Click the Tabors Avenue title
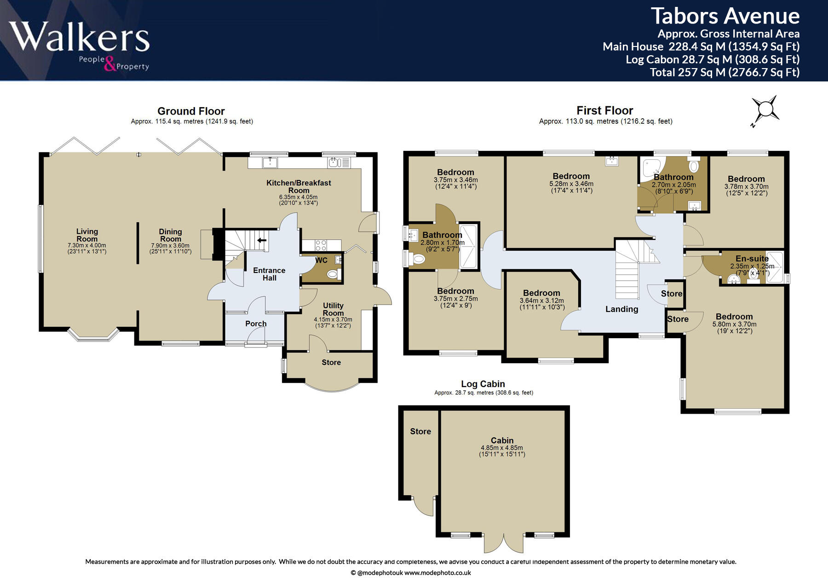point(725,16)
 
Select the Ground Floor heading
point(191,111)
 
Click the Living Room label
point(87,235)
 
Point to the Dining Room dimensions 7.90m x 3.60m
point(170,246)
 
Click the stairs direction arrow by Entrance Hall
point(262,240)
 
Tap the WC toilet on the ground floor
point(332,275)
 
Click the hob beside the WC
point(321,245)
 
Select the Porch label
point(256,324)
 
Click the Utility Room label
point(333,309)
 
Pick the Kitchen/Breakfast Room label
point(299,186)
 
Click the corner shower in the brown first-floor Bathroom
point(650,168)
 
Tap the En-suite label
point(752,259)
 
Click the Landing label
point(621,309)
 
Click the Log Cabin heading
point(483,384)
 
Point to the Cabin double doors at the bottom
point(504,543)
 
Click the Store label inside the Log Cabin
point(420,431)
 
